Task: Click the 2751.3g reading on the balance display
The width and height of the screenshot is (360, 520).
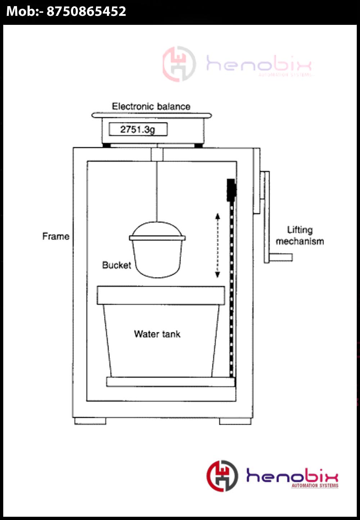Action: pyautogui.click(x=138, y=129)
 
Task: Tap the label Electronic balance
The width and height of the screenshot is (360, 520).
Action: pyautogui.click(x=151, y=107)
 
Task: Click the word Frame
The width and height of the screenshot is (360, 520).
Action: pyautogui.click(x=56, y=237)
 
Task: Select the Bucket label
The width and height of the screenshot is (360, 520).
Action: pyautogui.click(x=116, y=265)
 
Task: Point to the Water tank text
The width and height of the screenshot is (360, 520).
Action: pyautogui.click(x=157, y=334)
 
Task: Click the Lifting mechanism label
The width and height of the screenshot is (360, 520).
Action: pyautogui.click(x=300, y=236)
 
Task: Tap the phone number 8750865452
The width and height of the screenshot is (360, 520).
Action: pyautogui.click(x=86, y=12)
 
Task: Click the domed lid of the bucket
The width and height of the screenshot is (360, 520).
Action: pyautogui.click(x=157, y=229)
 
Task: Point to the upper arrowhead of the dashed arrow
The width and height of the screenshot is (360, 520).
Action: pyautogui.click(x=217, y=216)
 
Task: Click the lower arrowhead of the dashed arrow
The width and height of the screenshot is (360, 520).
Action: pyautogui.click(x=217, y=275)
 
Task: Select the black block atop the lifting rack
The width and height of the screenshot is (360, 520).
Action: pyautogui.click(x=231, y=189)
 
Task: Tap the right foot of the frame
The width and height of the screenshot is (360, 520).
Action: pyautogui.click(x=235, y=421)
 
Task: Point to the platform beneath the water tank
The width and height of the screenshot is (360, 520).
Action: pyautogui.click(x=170, y=382)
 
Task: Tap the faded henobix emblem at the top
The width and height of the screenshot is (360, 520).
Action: pyautogui.click(x=179, y=64)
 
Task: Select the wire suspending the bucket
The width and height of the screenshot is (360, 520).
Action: pyautogui.click(x=157, y=191)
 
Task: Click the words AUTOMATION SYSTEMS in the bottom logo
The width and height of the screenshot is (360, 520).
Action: pyautogui.click(x=315, y=485)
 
